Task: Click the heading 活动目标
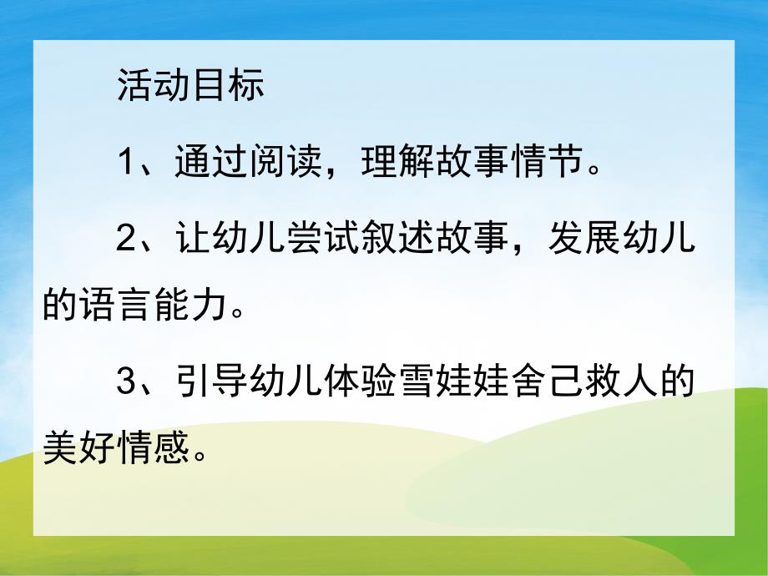(x=190, y=86)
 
